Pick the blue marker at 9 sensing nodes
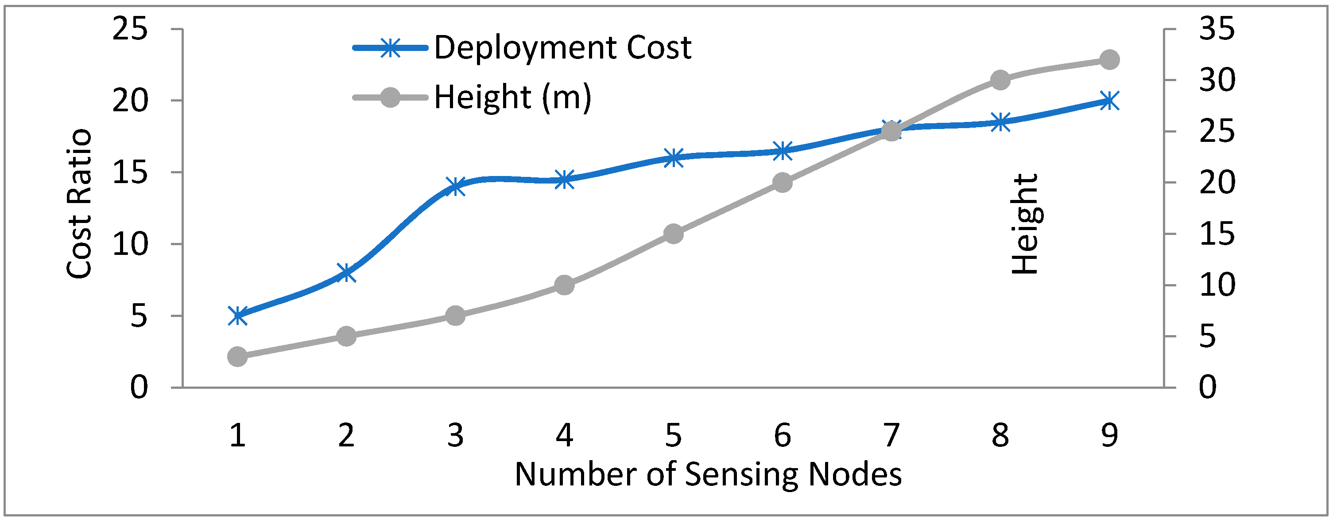(1109, 101)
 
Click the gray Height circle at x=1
(237, 356)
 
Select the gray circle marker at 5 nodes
(673, 234)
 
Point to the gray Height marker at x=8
(1000, 80)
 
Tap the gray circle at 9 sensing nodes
(1109, 59)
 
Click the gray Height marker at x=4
(564, 285)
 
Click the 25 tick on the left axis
(130, 28)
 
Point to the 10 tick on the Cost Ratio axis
(130, 244)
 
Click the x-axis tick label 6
(783, 435)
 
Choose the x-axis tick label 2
(346, 435)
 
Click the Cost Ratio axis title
(79, 203)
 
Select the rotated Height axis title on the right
(1025, 224)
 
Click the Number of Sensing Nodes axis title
(708, 474)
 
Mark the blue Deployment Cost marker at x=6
(783, 151)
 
